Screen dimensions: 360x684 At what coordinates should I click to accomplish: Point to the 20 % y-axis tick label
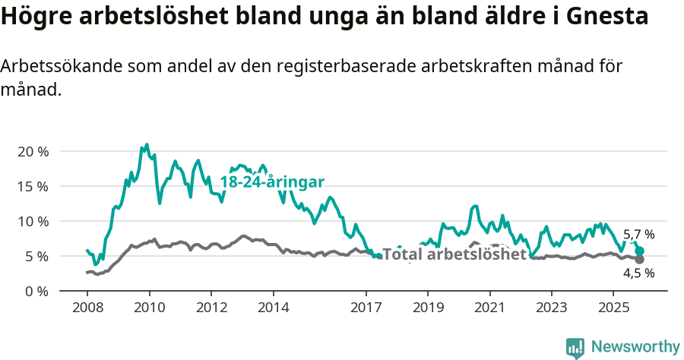33,151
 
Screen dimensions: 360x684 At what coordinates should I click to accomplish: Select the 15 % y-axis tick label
33,186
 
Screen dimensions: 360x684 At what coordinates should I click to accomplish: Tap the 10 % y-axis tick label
33,221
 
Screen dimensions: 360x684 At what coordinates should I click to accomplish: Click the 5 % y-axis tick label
36,256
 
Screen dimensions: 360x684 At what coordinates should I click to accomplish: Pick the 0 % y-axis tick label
36,291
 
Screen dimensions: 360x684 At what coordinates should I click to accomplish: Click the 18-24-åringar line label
272,182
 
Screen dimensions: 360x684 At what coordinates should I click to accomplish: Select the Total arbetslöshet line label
454,254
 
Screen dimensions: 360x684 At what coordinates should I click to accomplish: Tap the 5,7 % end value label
639,235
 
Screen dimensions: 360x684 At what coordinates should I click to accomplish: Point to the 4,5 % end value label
639,273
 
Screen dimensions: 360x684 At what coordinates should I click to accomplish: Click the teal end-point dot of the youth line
640,251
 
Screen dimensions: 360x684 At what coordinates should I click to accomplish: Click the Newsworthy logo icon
575,348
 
